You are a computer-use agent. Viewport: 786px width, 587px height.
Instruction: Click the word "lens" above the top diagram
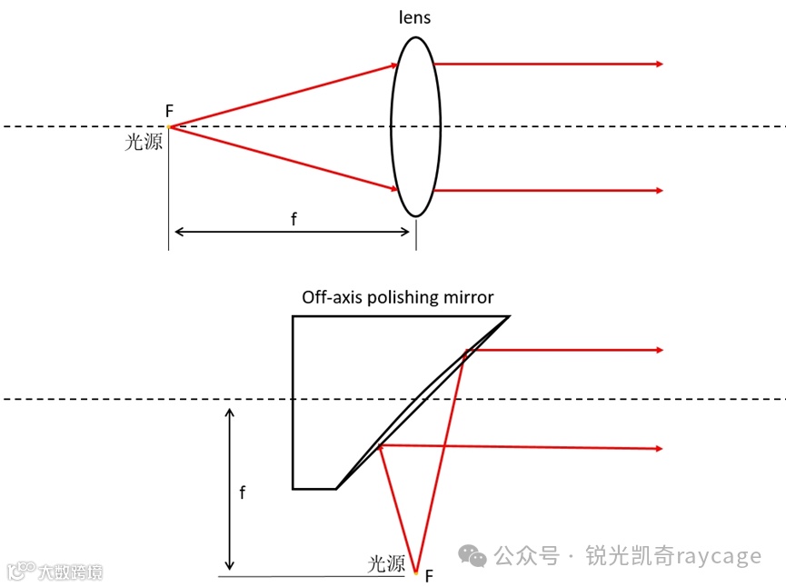pyautogui.click(x=414, y=17)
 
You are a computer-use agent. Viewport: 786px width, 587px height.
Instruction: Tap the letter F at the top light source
pyautogui.click(x=169, y=111)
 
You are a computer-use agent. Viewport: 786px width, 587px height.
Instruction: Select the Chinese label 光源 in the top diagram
pyautogui.click(x=144, y=142)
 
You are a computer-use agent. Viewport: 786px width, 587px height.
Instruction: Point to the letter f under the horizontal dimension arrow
pyautogui.click(x=293, y=219)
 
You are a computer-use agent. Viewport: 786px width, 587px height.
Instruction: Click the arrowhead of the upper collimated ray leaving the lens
pyautogui.click(x=659, y=64)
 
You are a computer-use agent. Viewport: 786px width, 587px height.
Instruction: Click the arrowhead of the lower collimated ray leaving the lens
pyautogui.click(x=659, y=190)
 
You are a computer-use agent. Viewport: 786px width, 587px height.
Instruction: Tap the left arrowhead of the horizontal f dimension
pyautogui.click(x=177, y=233)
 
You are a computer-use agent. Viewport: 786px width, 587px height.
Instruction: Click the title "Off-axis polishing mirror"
pyautogui.click(x=398, y=297)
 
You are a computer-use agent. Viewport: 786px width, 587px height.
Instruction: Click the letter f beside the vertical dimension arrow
pyautogui.click(x=242, y=493)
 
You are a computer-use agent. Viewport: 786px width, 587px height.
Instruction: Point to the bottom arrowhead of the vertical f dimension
pyautogui.click(x=230, y=564)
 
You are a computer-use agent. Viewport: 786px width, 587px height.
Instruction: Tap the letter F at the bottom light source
pyautogui.click(x=429, y=575)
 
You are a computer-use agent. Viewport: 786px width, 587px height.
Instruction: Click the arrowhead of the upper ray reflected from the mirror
pyautogui.click(x=659, y=350)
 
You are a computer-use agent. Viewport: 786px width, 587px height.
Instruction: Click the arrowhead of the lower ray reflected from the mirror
pyautogui.click(x=659, y=448)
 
